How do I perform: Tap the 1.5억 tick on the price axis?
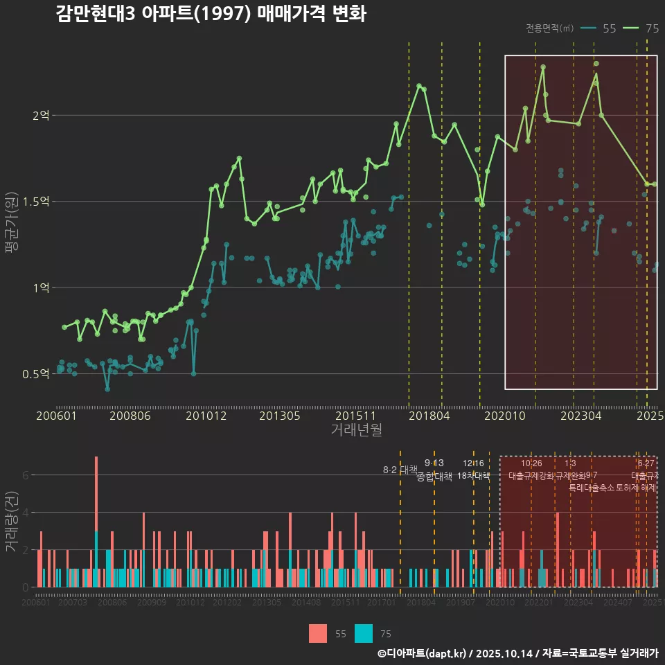38,202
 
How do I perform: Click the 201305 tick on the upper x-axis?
279,416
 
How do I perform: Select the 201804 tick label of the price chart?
429,416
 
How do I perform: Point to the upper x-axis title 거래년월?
356,429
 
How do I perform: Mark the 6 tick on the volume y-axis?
25,475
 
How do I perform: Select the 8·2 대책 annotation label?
400,470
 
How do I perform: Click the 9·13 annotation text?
434,463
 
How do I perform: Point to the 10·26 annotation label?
531,463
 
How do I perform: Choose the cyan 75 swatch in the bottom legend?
364,633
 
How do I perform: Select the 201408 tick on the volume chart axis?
305,603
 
